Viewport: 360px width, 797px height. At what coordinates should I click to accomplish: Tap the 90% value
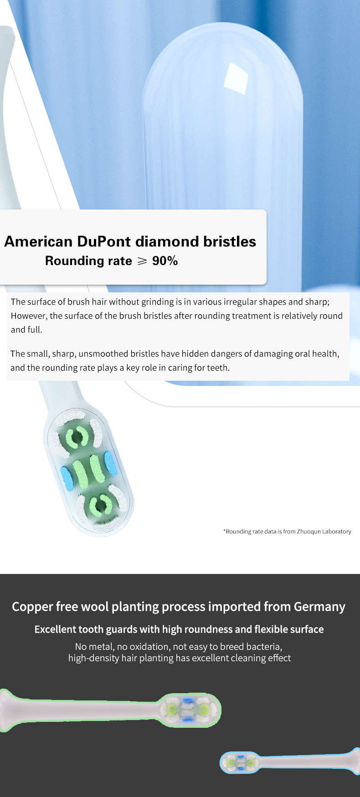pos(165,261)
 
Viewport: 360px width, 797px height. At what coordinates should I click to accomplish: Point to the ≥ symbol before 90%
pos(142,261)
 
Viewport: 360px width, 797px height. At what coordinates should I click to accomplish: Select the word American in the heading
pos(38,241)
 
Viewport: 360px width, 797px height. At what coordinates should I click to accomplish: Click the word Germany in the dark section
pos(319,607)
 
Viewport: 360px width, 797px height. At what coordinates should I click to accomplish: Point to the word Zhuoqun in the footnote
pos(309,531)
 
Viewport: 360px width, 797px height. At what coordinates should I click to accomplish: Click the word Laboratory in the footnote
pos(337,531)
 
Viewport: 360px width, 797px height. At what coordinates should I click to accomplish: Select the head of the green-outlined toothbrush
pos(189,710)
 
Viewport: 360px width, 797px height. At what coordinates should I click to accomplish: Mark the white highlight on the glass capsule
pos(235,76)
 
